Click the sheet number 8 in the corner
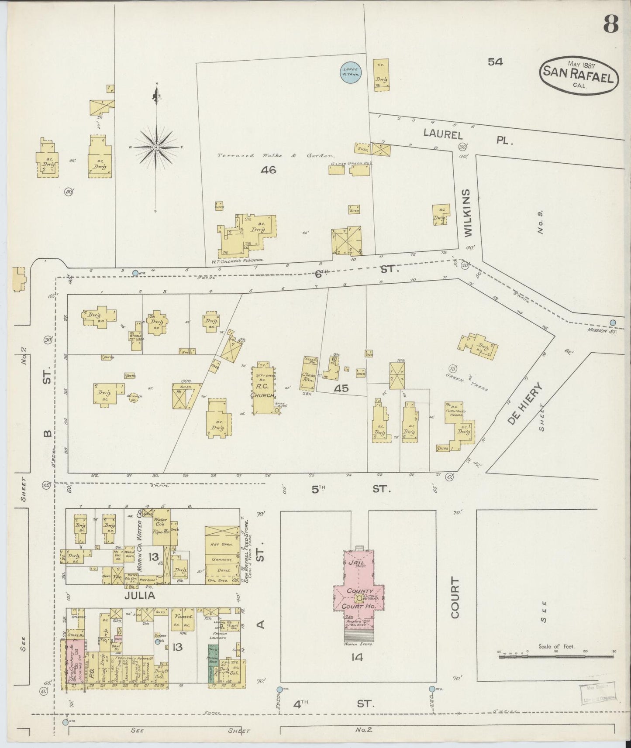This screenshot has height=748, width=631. click(x=611, y=24)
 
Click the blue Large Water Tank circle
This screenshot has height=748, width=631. click(x=350, y=72)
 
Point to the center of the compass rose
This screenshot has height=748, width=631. click(x=156, y=148)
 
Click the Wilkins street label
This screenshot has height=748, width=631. click(x=468, y=213)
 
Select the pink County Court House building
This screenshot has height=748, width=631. click(x=358, y=596)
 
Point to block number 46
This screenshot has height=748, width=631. click(x=268, y=170)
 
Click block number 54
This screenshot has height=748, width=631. click(x=495, y=62)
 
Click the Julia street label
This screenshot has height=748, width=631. click(x=139, y=595)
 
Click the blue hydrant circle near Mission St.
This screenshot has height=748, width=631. click(x=613, y=323)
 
